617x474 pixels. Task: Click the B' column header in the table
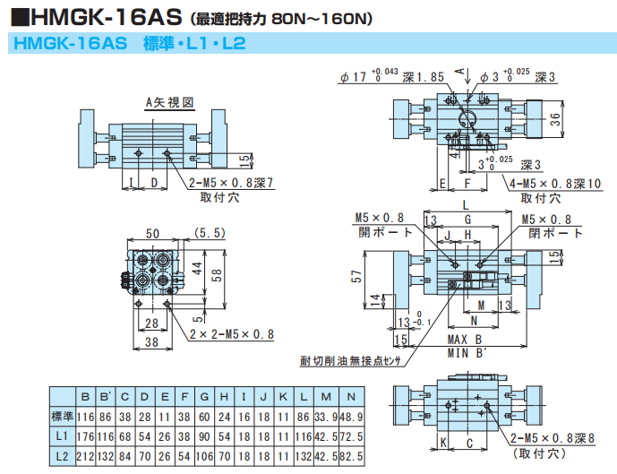click(x=106, y=395)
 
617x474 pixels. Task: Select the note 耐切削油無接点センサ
click(x=349, y=362)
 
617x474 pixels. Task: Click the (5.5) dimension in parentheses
click(x=209, y=233)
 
